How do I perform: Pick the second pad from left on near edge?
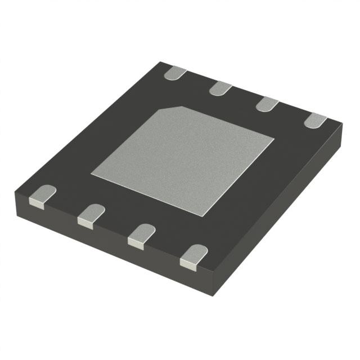(90, 215)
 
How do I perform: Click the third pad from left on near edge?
(141, 236)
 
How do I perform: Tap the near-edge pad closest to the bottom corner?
(193, 256)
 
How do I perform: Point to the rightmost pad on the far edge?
(316, 119)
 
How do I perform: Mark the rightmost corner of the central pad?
(274, 137)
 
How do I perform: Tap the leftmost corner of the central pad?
(92, 175)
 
